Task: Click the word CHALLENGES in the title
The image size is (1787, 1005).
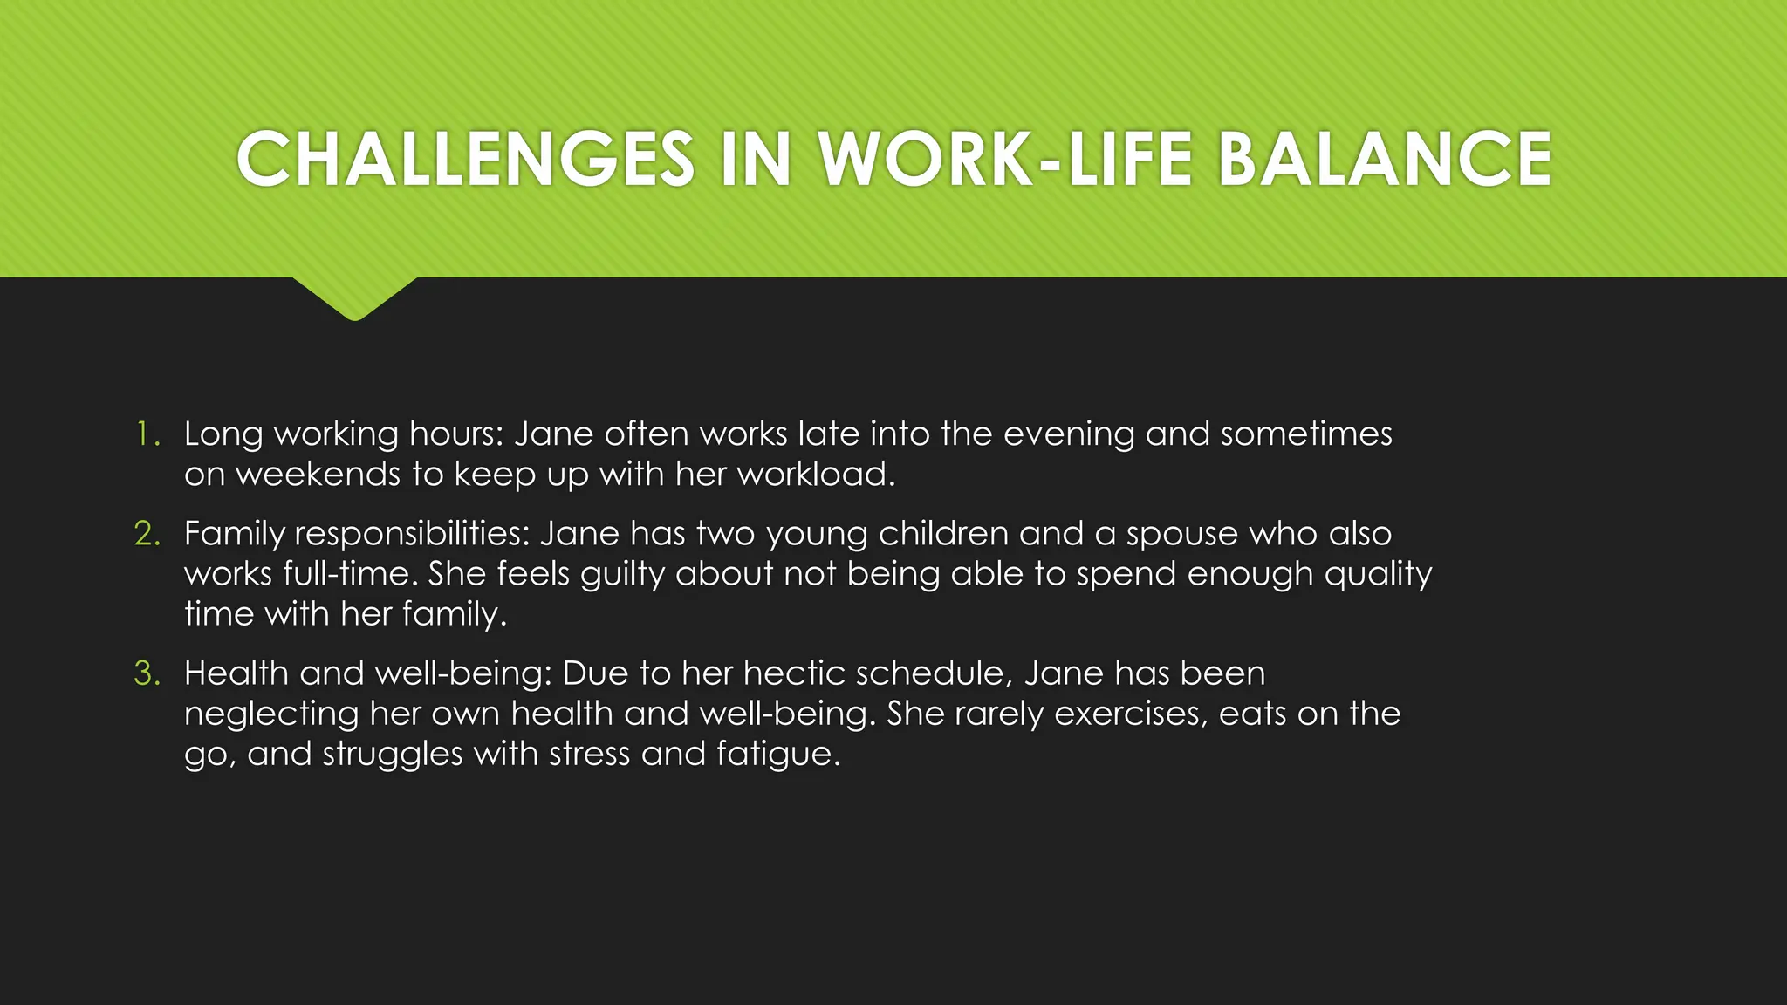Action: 465,159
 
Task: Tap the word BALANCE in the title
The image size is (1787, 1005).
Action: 1384,159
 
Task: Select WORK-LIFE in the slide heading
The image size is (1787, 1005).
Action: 1005,159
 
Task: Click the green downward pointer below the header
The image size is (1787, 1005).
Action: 355,297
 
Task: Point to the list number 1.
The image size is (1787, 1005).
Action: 147,434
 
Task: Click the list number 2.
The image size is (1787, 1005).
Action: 147,533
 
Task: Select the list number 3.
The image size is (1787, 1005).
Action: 147,673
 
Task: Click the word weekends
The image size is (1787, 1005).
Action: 318,474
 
